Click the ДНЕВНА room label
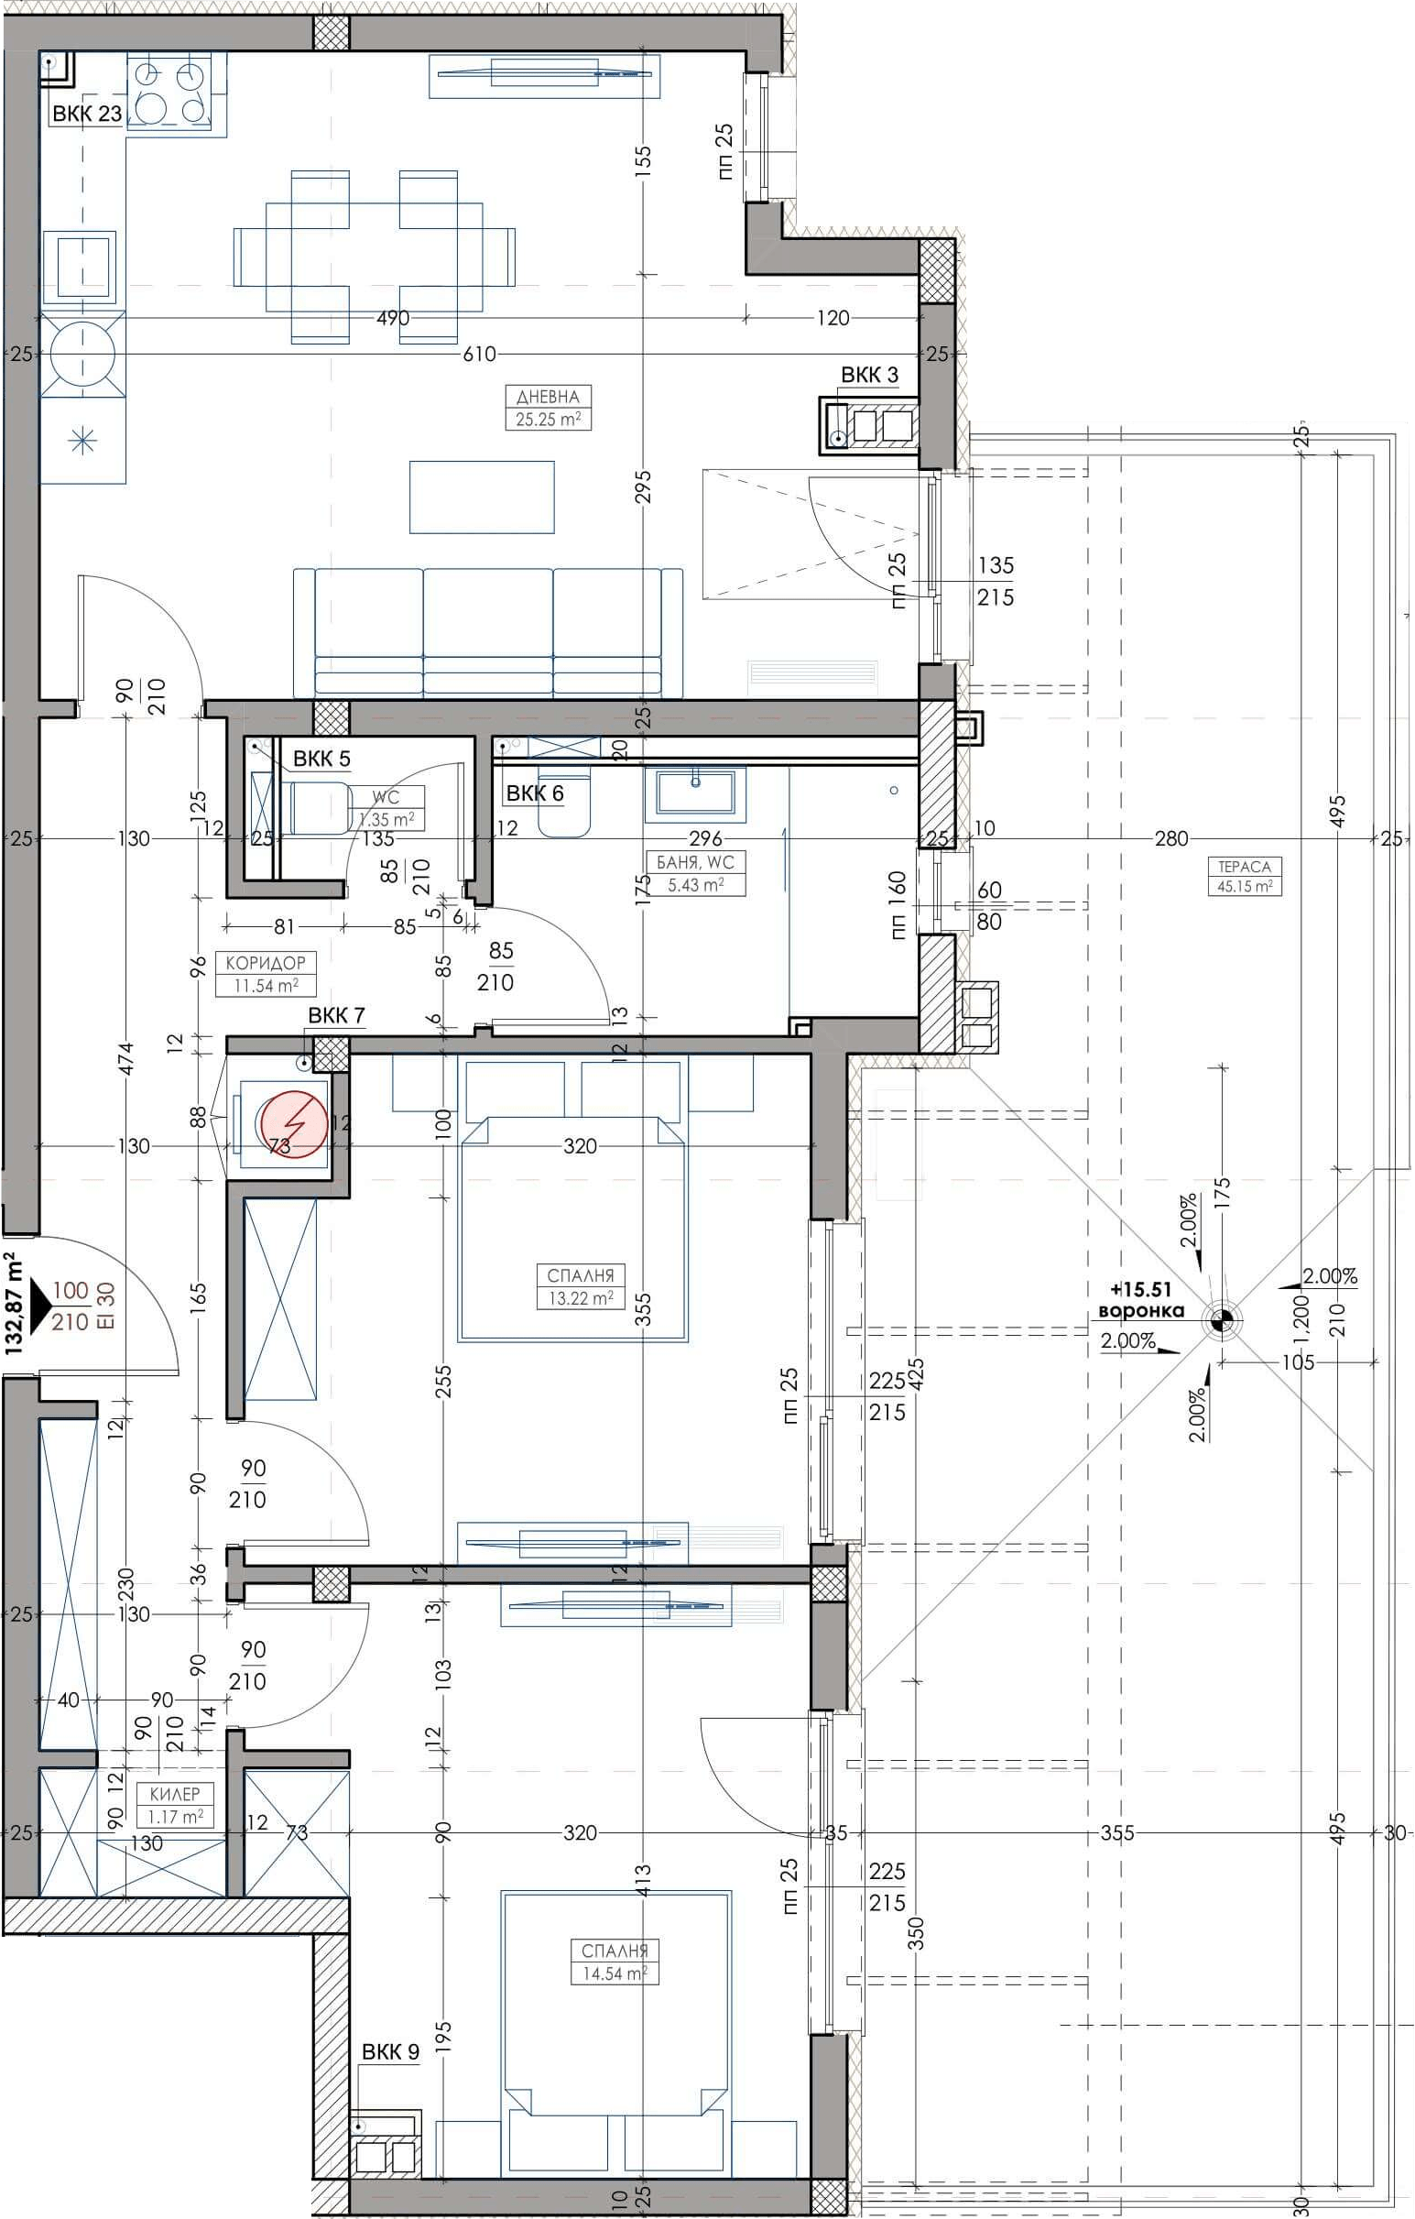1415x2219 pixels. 548,398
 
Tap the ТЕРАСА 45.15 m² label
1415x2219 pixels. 1245,877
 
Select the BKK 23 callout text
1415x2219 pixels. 87,115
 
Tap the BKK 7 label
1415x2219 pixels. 336,1015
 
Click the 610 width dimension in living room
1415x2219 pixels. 479,354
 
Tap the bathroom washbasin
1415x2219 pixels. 695,794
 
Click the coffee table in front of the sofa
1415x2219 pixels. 482,497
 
